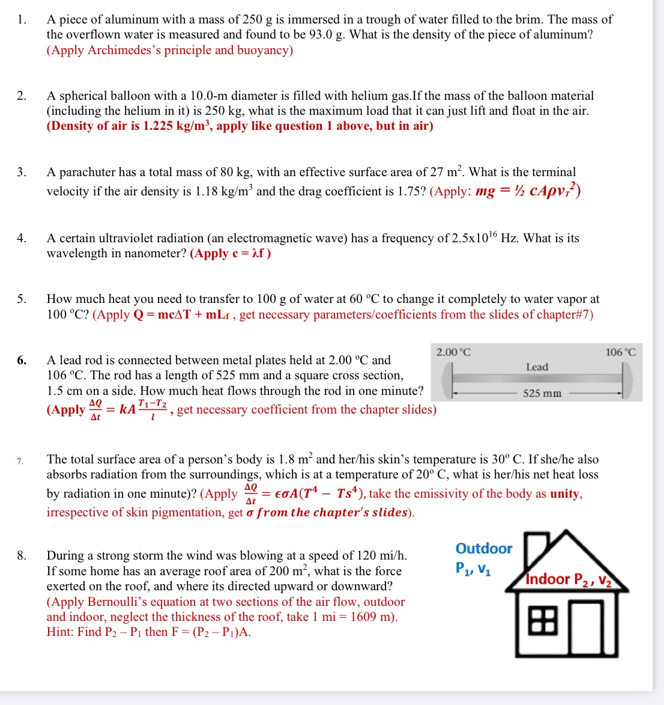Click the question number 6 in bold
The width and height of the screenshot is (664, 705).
(x=22, y=361)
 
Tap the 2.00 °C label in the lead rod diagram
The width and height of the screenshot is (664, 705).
(x=453, y=352)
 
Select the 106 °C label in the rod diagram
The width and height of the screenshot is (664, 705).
(x=620, y=352)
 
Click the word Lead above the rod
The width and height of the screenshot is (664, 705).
(x=537, y=367)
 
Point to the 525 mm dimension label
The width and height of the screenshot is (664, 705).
(x=542, y=393)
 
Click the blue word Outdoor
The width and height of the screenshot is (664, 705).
(x=483, y=548)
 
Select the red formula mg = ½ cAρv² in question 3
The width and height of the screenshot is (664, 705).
(x=527, y=191)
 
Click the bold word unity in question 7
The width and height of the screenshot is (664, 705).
(x=565, y=494)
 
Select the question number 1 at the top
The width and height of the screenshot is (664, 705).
(x=22, y=20)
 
